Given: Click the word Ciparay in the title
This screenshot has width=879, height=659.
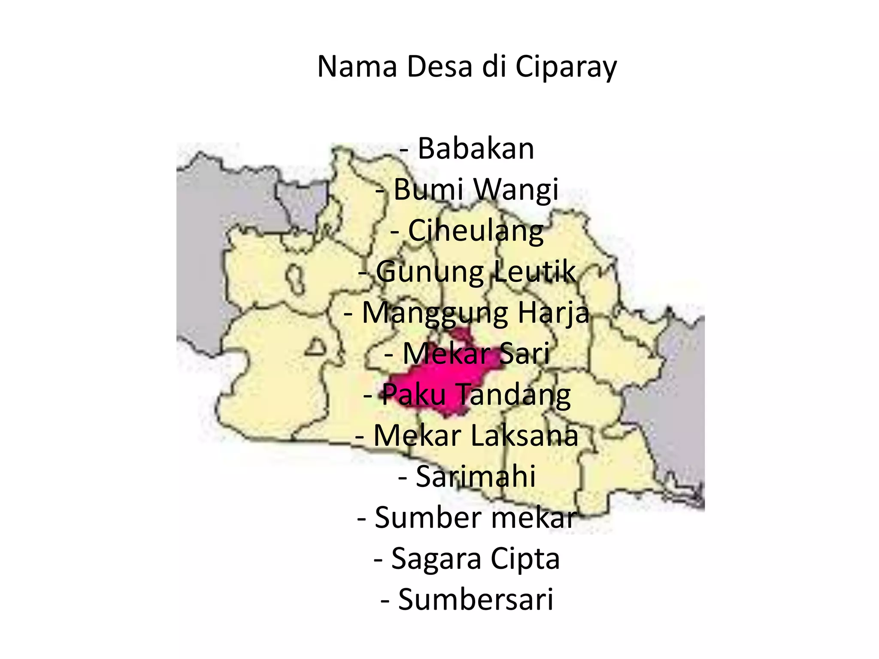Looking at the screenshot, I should tap(566, 67).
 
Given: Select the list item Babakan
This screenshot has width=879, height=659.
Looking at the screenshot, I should tap(476, 148).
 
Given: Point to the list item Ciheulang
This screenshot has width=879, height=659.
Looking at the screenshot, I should tap(476, 230).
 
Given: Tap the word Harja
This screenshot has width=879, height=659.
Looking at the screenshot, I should tap(553, 312).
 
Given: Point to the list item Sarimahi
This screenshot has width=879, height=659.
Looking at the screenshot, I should tap(476, 476).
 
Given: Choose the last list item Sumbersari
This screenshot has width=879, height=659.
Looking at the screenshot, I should tap(476, 599).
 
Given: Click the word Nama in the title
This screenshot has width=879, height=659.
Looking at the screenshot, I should tap(357, 67).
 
